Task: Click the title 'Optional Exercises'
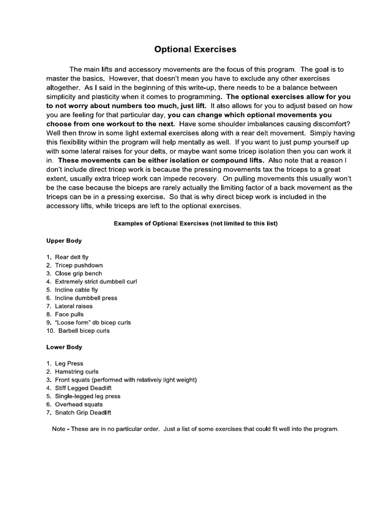195,49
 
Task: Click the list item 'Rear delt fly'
72,257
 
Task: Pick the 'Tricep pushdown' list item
79,265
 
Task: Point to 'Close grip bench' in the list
79,273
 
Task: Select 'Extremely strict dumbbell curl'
96,281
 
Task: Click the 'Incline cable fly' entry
77,290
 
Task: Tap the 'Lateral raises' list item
74,306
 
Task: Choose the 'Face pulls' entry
69,314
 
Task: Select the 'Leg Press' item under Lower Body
69,364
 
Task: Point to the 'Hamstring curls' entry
77,372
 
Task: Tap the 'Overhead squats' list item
79,404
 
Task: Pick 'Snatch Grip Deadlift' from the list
83,412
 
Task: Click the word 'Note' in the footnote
58,429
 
